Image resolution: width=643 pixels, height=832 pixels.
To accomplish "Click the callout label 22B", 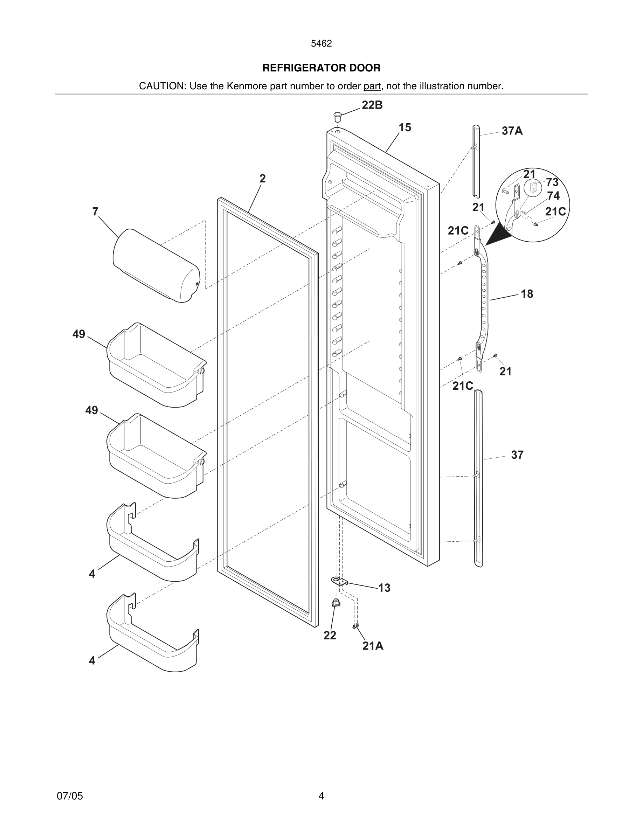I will click(x=372, y=105).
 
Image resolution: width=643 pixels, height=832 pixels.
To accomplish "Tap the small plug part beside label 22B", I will click(x=337, y=116).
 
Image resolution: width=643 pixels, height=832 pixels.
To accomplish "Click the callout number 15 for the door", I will click(x=405, y=127).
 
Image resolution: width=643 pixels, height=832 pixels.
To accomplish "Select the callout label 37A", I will click(x=512, y=131).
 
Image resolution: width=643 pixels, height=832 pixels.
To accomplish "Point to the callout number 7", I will click(x=95, y=212).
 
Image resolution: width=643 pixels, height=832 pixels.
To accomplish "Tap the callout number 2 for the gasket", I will click(x=262, y=178).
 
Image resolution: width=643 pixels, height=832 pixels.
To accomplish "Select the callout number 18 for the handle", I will click(x=527, y=294).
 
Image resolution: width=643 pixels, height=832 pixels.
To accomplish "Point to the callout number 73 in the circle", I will click(x=552, y=182).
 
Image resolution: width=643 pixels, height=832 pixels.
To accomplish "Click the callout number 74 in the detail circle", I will click(x=553, y=196).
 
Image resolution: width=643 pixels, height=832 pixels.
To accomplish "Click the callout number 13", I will click(x=384, y=588).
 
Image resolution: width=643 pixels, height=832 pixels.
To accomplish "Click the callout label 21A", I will click(x=373, y=646).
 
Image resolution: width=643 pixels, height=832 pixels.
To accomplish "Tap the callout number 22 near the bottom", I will click(x=330, y=636).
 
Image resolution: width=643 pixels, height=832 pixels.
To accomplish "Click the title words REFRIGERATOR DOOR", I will click(x=321, y=68).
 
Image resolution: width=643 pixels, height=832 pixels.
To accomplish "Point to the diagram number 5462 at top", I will click(x=321, y=44).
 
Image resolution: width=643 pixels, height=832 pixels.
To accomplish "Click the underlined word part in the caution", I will click(x=372, y=86).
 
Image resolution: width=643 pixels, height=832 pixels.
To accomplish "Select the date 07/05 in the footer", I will click(x=70, y=796).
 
